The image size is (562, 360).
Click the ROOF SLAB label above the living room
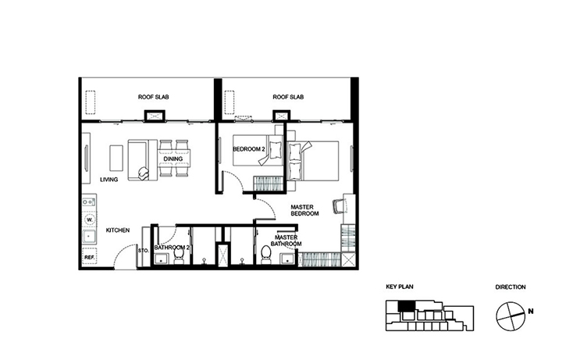tap(154, 97)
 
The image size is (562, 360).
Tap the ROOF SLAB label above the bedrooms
tap(288, 97)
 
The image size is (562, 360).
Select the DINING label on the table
tap(173, 159)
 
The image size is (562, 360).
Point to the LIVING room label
tap(109, 180)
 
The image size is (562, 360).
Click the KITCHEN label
tap(118, 230)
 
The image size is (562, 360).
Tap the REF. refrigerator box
tap(90, 257)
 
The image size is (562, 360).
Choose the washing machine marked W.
tap(90, 219)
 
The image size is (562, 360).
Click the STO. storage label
tap(144, 251)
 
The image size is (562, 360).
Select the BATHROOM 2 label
tap(172, 248)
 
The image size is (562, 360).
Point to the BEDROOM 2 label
tap(249, 149)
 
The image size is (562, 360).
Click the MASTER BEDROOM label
tap(304, 210)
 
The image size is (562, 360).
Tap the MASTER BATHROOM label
tap(286, 241)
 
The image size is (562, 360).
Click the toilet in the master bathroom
tap(266, 255)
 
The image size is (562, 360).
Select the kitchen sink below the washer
tap(89, 237)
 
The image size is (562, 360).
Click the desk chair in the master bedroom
tap(338, 206)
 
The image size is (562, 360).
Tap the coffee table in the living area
tap(116, 158)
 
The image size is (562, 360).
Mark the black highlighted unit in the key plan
tap(406, 306)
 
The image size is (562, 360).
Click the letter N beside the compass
tap(531, 312)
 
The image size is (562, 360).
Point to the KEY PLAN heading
tap(400, 287)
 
